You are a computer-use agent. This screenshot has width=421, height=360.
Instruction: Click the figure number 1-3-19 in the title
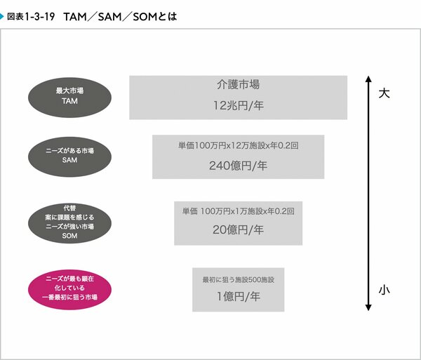(x=39, y=17)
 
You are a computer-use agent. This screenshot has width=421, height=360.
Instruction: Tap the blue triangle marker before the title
(x=2, y=17)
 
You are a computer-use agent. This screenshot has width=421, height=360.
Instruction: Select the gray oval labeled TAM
(x=69, y=98)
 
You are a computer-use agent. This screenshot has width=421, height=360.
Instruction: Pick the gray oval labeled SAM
(x=69, y=156)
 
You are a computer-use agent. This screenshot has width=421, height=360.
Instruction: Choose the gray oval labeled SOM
(x=69, y=223)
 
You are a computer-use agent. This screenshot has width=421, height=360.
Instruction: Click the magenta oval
(x=69, y=290)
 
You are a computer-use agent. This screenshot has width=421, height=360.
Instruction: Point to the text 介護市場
(x=238, y=85)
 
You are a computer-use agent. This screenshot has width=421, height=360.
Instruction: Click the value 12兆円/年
(x=238, y=105)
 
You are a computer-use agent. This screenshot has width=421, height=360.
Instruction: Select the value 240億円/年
(x=238, y=166)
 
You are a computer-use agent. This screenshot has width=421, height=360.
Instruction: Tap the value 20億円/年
(x=238, y=229)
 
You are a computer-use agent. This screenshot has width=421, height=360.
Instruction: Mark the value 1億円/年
(x=238, y=296)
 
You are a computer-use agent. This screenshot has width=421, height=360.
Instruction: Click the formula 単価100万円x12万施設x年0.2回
(x=238, y=145)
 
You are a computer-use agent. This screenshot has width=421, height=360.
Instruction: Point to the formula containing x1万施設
(x=238, y=211)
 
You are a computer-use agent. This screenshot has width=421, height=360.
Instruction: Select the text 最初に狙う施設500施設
(x=238, y=280)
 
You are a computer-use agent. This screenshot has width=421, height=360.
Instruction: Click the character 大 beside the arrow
(x=384, y=93)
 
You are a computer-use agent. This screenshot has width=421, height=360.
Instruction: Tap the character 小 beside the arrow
(x=384, y=291)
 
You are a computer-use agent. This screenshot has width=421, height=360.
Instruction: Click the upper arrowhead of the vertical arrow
(x=368, y=79)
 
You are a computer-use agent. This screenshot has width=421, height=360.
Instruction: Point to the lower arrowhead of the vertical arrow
(x=368, y=307)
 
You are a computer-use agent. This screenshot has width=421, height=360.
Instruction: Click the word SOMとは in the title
(x=155, y=17)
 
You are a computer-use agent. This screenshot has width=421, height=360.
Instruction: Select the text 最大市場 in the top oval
(x=69, y=91)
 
